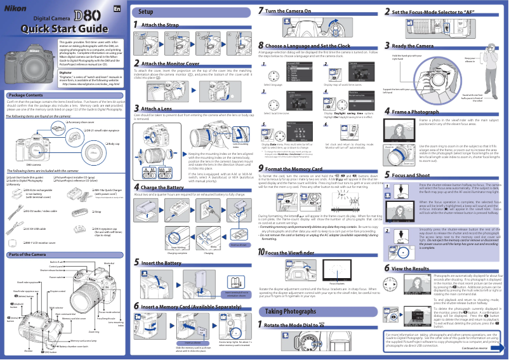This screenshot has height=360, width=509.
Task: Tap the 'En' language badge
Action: (117, 8)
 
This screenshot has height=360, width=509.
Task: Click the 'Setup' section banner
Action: (146, 12)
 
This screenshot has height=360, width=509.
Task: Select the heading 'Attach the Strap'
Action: (160, 25)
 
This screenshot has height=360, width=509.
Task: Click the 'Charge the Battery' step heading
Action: (162, 170)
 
